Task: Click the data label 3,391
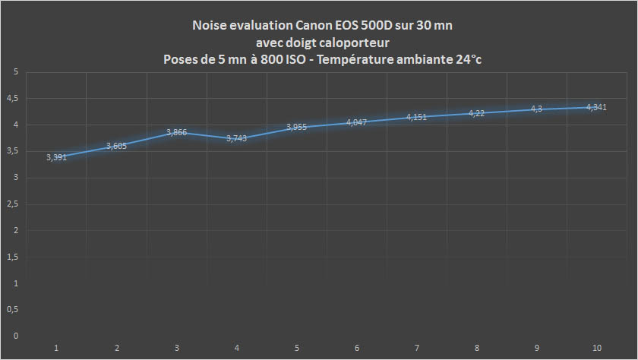[56, 157]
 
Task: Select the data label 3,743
[237, 139]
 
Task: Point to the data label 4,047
[357, 122]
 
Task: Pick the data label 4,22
[476, 113]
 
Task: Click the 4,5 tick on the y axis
[12, 98]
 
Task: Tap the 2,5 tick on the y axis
[12, 204]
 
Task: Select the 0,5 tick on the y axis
[12, 309]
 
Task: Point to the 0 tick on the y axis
[15, 336]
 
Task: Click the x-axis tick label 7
[417, 348]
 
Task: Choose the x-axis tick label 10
[597, 348]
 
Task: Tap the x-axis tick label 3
[177, 348]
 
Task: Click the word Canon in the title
[313, 26]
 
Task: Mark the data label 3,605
[117, 146]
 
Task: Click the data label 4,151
[417, 117]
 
